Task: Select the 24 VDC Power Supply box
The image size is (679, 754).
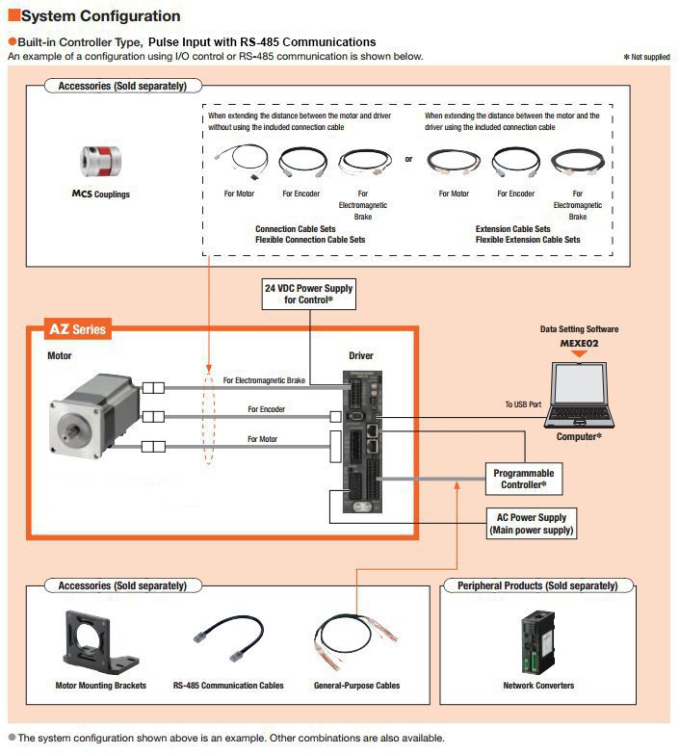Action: [x=309, y=294]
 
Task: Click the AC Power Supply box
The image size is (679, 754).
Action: [x=532, y=523]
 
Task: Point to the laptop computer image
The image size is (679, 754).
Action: [x=578, y=396]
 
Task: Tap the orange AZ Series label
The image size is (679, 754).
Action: [x=78, y=329]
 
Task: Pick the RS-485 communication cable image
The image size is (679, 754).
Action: [x=229, y=638]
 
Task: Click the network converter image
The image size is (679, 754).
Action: [x=538, y=638]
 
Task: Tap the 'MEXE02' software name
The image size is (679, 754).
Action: [x=578, y=341]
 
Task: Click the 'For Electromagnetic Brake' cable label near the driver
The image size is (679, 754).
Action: [x=264, y=381]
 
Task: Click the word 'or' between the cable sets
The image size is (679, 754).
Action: [x=408, y=160]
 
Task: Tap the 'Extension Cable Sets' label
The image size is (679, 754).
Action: [x=513, y=229]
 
